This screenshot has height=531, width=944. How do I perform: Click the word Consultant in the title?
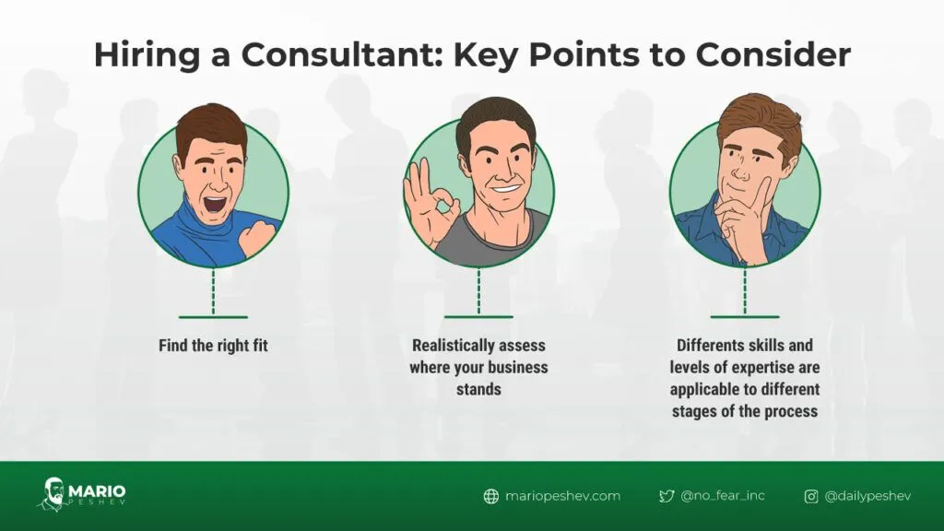coord(341,54)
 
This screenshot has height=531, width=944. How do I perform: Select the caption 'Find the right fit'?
coord(213,346)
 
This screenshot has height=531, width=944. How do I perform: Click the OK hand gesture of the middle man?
coord(430,204)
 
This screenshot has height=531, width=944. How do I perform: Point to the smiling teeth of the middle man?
coord(506,189)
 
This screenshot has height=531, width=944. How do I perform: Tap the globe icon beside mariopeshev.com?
coord(491,496)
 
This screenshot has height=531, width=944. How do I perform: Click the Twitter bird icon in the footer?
coord(667,496)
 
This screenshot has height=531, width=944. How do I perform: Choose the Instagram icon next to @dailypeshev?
coord(811,496)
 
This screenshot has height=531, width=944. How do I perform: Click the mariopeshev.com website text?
coord(562,496)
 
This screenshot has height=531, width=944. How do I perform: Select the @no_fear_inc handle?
coord(723,495)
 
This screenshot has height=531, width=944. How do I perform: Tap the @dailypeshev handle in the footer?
coord(867,496)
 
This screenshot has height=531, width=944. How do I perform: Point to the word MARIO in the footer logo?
coord(97,490)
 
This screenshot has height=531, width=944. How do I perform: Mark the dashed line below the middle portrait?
coord(479,290)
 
